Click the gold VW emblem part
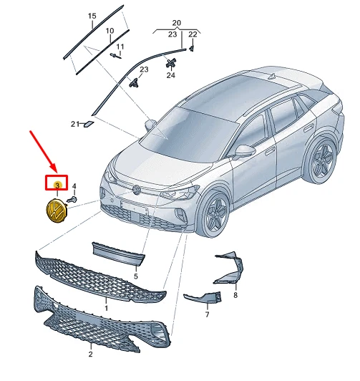[x=57, y=211]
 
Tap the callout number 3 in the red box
[x=57, y=185]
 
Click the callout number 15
[x=92, y=16]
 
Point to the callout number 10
[x=110, y=31]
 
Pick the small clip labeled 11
[x=115, y=56]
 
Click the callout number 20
[x=177, y=23]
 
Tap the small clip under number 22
[x=192, y=48]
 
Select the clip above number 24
[x=170, y=63]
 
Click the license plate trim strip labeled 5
[x=119, y=254]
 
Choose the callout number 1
[x=106, y=309]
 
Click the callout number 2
[x=91, y=354]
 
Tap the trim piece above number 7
[x=203, y=298]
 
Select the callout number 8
[x=235, y=295]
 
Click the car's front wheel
[x=214, y=214]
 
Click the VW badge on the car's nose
[x=137, y=190]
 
